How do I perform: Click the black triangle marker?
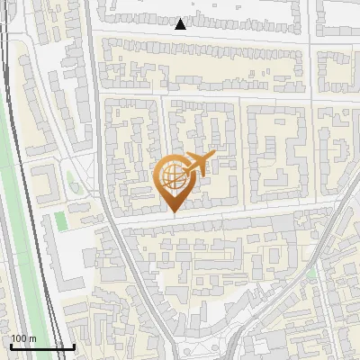pyautogui.click(x=181, y=24)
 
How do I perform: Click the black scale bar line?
pyautogui.click(x=41, y=346)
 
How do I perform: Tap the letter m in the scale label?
pyautogui.click(x=33, y=339)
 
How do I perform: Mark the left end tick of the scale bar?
pyautogui.click(x=10, y=345)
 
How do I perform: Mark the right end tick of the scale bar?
pyautogui.click(x=74, y=345)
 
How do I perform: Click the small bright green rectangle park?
pyautogui.click(x=60, y=220)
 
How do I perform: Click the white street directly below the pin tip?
pyautogui.click(x=173, y=218)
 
